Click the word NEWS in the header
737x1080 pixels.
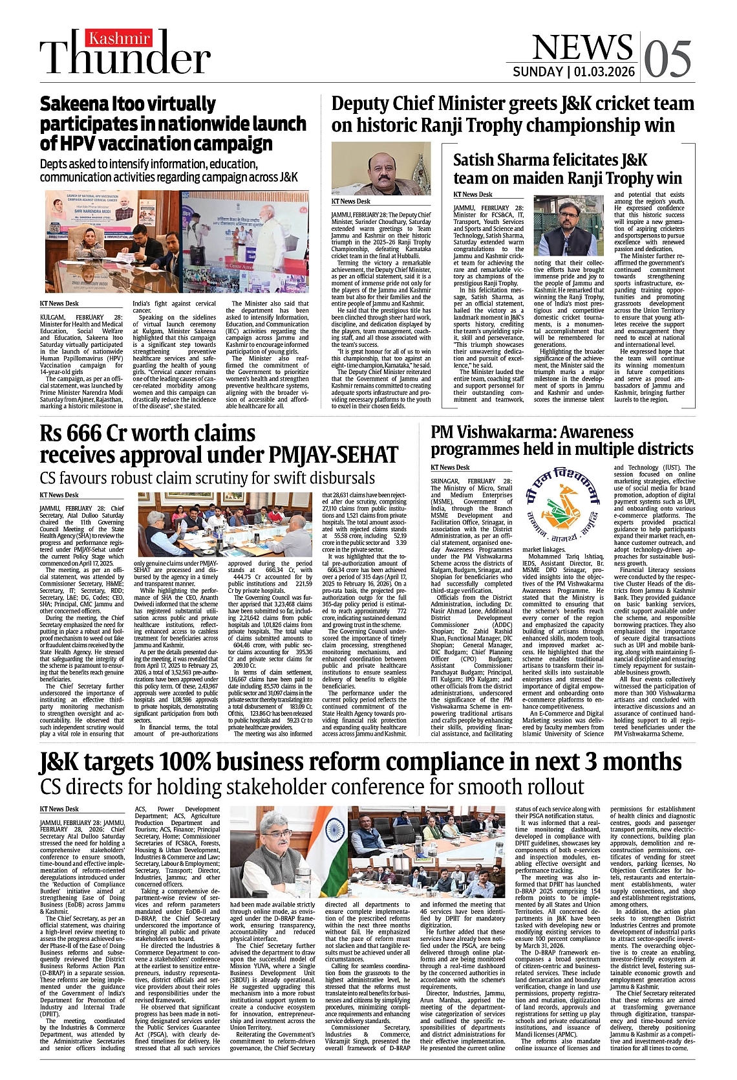coord(582,47)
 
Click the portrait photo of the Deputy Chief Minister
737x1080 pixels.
coord(381,169)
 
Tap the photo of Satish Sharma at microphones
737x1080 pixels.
coord(568,226)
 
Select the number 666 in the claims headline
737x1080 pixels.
coord(86,434)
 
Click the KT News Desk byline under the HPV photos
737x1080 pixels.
coord(59,303)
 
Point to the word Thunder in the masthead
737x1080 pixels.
coord(125,58)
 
